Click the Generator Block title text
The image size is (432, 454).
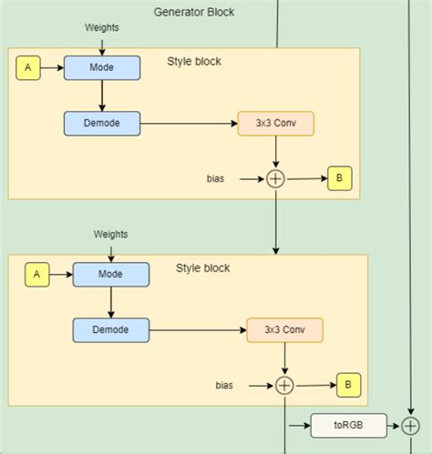click(x=194, y=13)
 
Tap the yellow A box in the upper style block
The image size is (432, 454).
click(x=28, y=67)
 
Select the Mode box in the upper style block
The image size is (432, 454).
click(x=102, y=67)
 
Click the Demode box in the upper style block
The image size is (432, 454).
click(x=102, y=124)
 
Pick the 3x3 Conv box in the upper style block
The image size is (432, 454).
click(x=275, y=124)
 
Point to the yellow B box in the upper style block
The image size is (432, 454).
click(x=339, y=178)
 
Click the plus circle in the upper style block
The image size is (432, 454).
click(x=275, y=179)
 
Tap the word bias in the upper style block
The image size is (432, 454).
click(x=216, y=179)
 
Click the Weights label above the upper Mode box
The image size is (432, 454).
click(x=101, y=27)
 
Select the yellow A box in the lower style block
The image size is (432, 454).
click(x=37, y=274)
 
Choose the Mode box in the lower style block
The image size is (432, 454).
click(x=110, y=274)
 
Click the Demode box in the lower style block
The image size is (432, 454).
click(x=110, y=329)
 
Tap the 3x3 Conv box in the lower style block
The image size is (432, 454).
click(x=284, y=329)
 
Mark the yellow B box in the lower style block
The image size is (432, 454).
click(x=347, y=385)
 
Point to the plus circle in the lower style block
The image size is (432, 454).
click(x=284, y=386)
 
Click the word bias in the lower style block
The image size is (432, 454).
click(x=224, y=386)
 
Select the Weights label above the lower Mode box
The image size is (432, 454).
click(x=110, y=234)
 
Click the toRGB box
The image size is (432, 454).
click(x=348, y=425)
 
